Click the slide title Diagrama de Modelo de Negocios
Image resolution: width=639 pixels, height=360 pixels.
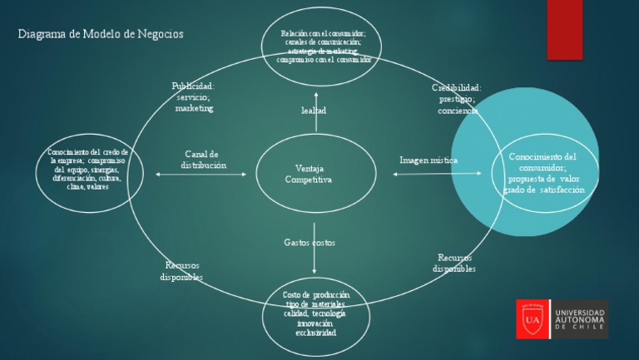click(x=101, y=34)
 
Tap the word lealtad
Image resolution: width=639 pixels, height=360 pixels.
click(x=314, y=111)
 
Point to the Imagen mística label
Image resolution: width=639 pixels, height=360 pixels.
click(x=428, y=160)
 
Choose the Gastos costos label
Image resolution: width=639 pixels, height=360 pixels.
click(x=309, y=243)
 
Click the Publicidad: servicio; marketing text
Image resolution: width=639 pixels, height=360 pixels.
click(x=194, y=97)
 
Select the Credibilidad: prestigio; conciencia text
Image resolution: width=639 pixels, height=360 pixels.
click(x=457, y=99)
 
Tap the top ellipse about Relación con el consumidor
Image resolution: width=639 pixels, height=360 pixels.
click(x=315, y=46)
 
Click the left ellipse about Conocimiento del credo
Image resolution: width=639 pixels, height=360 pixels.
click(x=87, y=170)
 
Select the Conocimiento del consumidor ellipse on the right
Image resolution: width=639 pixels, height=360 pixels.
click(x=542, y=173)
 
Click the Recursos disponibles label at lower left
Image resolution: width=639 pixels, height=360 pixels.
click(x=181, y=271)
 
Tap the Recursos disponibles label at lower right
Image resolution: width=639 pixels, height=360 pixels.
click(x=454, y=264)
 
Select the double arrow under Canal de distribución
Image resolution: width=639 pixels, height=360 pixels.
click(x=201, y=175)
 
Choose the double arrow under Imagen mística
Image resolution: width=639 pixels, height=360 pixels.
click(x=437, y=174)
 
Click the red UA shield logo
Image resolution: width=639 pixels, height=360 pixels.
click(x=532, y=319)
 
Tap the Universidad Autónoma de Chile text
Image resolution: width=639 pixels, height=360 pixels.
click(x=580, y=319)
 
